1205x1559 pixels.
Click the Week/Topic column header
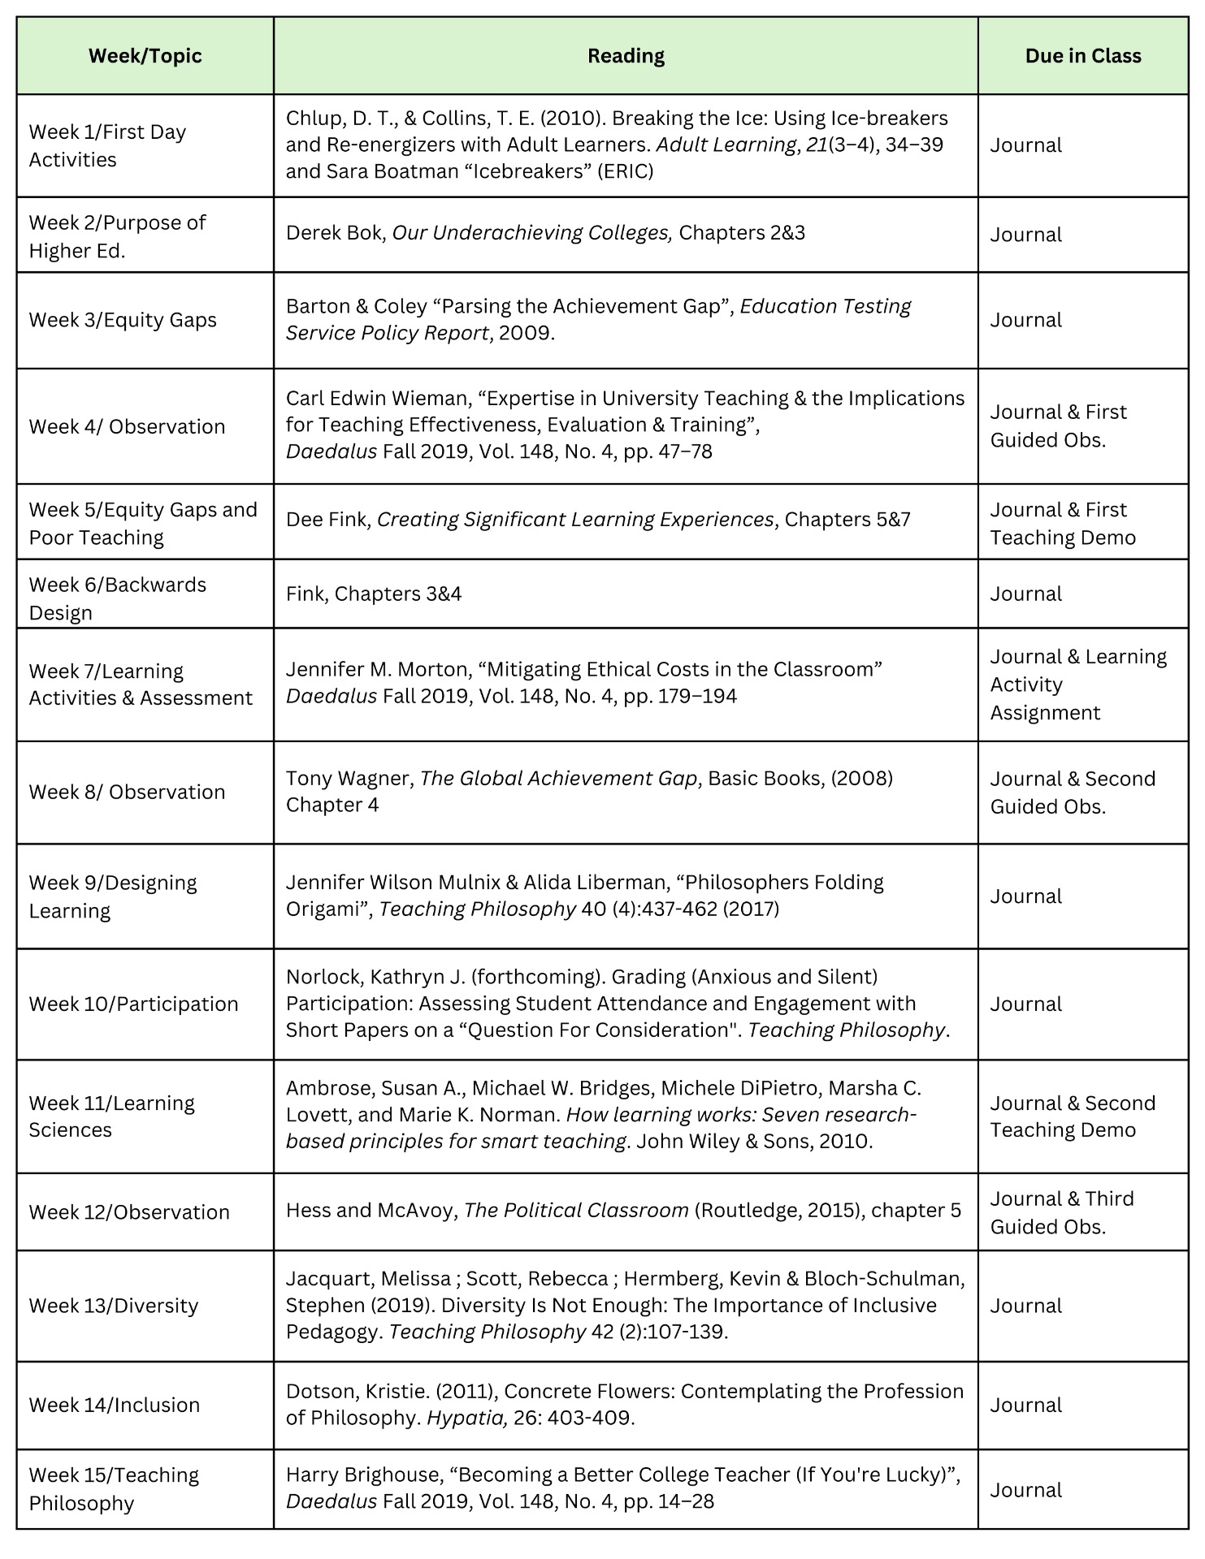coord(145,56)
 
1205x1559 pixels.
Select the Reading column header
coord(626,56)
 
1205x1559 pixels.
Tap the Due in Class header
coord(1082,56)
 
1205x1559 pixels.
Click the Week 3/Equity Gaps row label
coord(123,320)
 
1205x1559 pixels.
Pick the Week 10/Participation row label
coord(133,1004)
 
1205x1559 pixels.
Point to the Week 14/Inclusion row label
coord(114,1405)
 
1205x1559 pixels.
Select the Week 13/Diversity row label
coord(113,1306)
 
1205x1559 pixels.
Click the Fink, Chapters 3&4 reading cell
coord(374,594)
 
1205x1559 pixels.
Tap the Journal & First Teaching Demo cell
coord(1062,523)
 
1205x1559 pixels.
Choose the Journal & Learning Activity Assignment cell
coord(1077,684)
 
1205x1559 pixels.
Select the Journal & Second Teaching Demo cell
coord(1072,1116)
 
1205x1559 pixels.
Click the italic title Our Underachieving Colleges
coord(532,233)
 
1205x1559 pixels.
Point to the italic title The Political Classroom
coord(576,1210)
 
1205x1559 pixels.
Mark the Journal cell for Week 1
coord(1025,145)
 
